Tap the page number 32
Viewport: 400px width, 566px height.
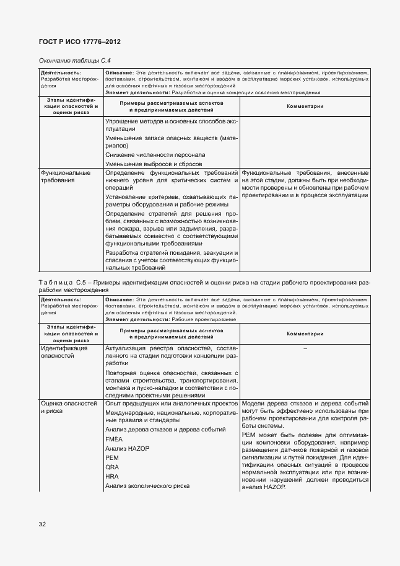tap(42, 524)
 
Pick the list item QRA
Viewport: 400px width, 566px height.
tap(112, 467)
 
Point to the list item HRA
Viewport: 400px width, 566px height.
tap(112, 476)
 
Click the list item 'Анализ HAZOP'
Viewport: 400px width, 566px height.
tap(128, 448)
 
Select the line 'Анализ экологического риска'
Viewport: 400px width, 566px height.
tap(147, 486)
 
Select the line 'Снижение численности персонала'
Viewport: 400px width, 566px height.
tap(155, 154)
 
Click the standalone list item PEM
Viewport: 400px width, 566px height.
tap(112, 458)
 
